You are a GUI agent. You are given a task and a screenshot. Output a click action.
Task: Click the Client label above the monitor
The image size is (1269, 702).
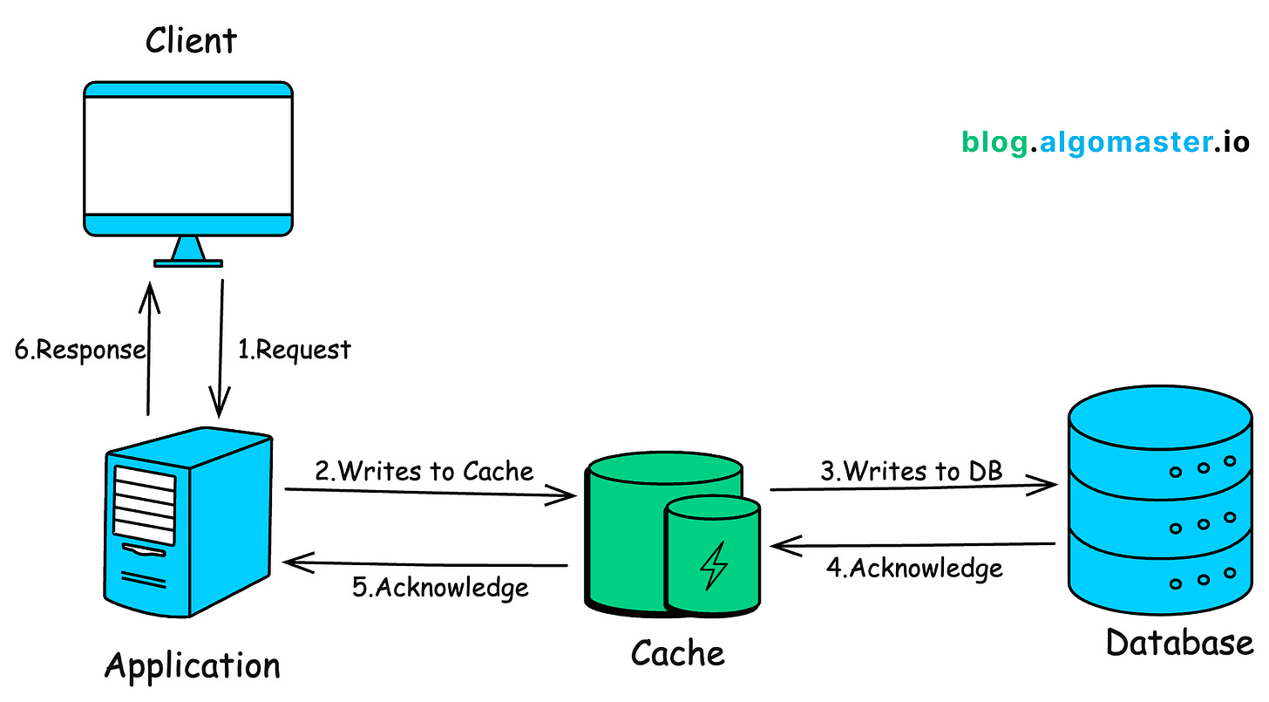coord(191,41)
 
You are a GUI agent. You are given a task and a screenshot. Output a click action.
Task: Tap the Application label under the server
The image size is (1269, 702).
coord(193,665)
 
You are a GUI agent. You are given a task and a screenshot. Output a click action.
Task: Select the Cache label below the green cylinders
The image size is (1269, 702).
coord(677,652)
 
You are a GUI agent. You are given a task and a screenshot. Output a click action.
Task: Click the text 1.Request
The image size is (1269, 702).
coord(295,350)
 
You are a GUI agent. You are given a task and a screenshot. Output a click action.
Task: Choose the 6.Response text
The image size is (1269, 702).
coord(80,350)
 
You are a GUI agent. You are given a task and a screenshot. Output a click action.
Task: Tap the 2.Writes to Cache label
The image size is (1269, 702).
coord(424,471)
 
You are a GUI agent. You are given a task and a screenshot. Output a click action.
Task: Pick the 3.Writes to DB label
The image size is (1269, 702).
coord(912,471)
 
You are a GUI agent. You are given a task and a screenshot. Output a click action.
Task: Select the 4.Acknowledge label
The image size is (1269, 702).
coord(914,568)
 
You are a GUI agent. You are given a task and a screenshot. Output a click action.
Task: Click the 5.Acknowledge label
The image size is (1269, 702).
coord(440,586)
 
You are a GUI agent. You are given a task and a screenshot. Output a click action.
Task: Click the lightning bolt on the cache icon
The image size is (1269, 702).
coord(714,566)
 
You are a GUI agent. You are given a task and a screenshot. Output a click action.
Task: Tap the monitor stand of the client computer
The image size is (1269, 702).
coord(188,253)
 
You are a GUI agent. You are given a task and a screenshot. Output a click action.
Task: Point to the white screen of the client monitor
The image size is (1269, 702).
coord(187,154)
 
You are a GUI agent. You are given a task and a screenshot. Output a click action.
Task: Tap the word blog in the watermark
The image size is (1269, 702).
coord(994,142)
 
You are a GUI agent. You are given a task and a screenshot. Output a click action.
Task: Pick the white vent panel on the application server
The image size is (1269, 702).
coord(146,505)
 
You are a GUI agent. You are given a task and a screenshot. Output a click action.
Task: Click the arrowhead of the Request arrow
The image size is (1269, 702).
coord(218,406)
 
